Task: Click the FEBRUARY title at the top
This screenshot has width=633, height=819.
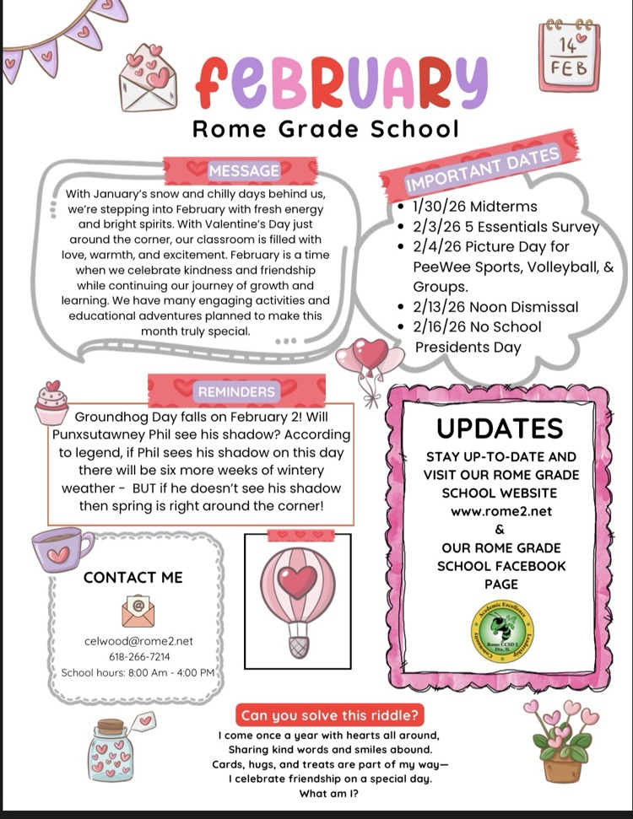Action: pyautogui.click(x=342, y=81)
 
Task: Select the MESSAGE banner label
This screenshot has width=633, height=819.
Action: pyautogui.click(x=244, y=171)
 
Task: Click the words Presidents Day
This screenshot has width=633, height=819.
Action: pyautogui.click(x=468, y=347)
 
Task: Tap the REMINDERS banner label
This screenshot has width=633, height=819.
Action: pyautogui.click(x=237, y=391)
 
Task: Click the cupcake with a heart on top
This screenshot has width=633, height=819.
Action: pyautogui.click(x=51, y=403)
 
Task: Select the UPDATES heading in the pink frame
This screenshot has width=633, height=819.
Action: pyautogui.click(x=500, y=428)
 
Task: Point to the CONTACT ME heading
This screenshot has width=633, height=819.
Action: pyautogui.click(x=133, y=578)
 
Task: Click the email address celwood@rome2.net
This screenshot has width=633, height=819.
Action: pyautogui.click(x=139, y=641)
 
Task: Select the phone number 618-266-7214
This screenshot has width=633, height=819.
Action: pyautogui.click(x=139, y=656)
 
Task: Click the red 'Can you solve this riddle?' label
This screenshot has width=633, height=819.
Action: pyautogui.click(x=330, y=716)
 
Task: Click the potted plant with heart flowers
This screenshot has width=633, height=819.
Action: pyautogui.click(x=558, y=741)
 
